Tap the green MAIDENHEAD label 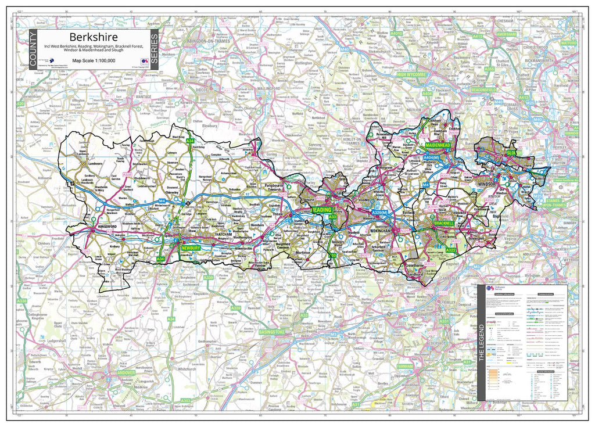click(x=439, y=143)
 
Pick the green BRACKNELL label click(x=443, y=223)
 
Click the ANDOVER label click(x=126, y=372)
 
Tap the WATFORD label click(x=568, y=43)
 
